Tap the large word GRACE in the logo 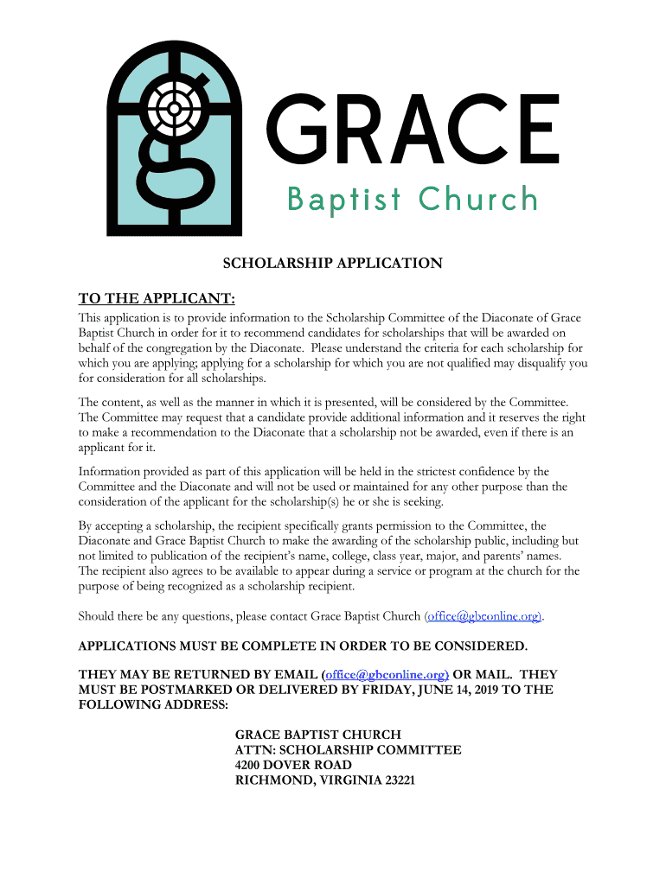(x=413, y=127)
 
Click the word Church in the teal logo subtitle (x=478, y=201)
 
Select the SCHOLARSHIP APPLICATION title (x=333, y=263)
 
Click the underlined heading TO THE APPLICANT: (x=157, y=299)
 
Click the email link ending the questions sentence (x=483, y=616)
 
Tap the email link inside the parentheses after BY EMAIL (x=386, y=674)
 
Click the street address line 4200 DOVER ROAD (x=293, y=765)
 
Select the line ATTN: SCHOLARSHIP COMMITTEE (x=348, y=750)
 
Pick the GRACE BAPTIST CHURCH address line (x=318, y=735)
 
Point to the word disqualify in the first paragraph (x=537, y=363)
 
